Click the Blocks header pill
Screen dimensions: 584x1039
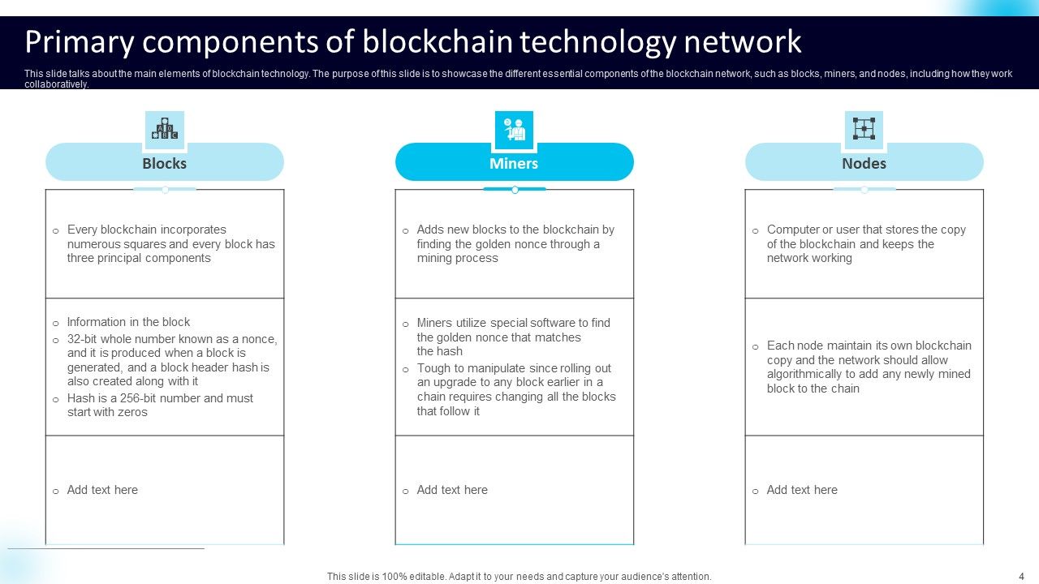point(165,163)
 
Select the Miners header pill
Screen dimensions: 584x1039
point(514,163)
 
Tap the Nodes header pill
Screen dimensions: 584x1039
point(864,163)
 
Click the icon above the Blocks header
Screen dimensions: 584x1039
point(166,130)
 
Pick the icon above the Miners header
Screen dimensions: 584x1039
point(514,130)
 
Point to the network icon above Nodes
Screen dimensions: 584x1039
point(864,130)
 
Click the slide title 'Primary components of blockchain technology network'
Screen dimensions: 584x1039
point(413,41)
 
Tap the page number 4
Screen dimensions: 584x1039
point(1021,576)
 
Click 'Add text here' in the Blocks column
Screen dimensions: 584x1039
point(102,490)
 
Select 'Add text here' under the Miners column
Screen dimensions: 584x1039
point(452,490)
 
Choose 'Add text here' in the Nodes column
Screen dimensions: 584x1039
point(802,490)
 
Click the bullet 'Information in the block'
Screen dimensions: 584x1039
point(128,322)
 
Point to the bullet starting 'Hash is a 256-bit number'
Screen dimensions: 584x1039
point(160,405)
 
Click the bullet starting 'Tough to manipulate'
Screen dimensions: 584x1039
point(516,389)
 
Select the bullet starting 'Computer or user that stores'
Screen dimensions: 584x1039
point(866,243)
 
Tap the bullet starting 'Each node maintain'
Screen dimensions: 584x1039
point(869,367)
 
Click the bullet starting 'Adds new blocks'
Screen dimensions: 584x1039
point(515,243)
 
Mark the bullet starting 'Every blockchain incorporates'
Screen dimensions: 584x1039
point(170,243)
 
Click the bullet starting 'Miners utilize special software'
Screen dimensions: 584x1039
point(513,337)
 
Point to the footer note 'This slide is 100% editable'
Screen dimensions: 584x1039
point(519,577)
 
